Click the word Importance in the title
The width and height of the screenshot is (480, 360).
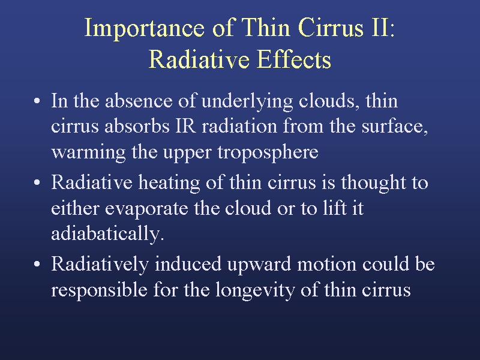pos(145,28)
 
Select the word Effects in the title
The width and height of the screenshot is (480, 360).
pos(294,59)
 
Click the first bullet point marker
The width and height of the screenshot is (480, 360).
pos(37,101)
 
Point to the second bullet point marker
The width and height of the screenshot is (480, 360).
pos(37,182)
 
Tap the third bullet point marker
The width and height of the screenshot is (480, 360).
pos(37,264)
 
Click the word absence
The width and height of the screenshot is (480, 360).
pos(139,101)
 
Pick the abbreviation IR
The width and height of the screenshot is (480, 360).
pos(185,126)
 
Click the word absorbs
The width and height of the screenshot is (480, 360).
pos(137,126)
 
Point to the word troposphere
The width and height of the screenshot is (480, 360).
pos(268,152)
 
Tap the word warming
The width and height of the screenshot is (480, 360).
pos(88,152)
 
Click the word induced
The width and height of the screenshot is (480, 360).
pos(188,264)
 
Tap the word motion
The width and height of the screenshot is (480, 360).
pos(326,264)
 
